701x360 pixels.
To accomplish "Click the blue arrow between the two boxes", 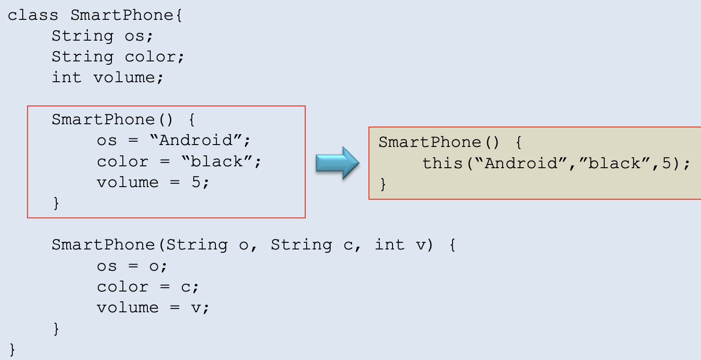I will click(337, 163).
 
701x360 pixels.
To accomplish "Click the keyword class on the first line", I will click(33, 15).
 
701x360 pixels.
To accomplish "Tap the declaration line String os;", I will click(103, 36).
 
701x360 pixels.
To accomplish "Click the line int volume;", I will click(108, 77).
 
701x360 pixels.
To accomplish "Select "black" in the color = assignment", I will click(218, 162).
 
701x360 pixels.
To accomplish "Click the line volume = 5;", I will click(153, 182).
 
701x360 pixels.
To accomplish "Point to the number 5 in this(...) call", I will click(668, 163).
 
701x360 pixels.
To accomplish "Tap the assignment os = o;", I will click(132, 266).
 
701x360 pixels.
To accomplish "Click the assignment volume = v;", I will click(153, 308).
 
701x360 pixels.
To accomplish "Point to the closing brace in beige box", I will click(383, 184).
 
